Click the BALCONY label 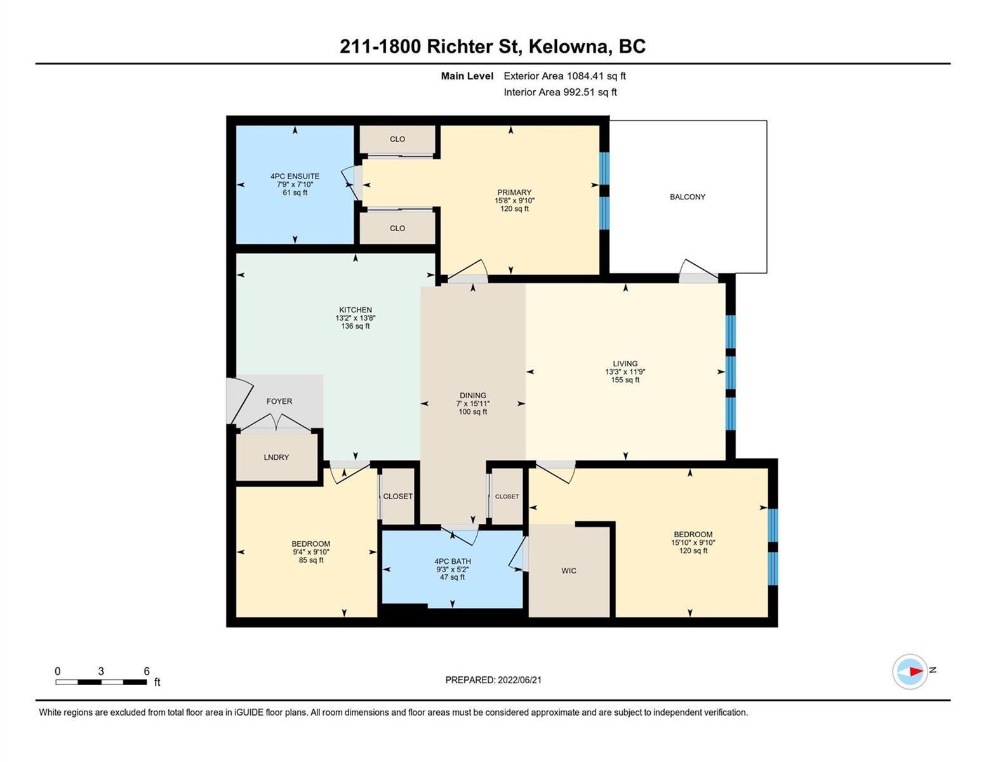coord(687,197)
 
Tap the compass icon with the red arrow coord(909,671)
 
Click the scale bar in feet coord(101,682)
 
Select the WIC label coord(568,571)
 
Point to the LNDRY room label coord(276,457)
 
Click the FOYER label coord(279,402)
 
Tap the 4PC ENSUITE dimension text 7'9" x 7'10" coord(295,184)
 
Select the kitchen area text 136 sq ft coord(356,326)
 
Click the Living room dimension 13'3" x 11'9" coord(625,371)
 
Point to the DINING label coord(472,396)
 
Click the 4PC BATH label coord(453,561)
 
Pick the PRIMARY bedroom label coord(514,192)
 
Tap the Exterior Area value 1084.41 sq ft coord(596,76)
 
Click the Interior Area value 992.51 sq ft coord(590,93)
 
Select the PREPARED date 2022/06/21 coord(519,680)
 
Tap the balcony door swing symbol coord(698,271)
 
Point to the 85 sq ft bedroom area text coord(311,561)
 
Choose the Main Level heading coord(467,76)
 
